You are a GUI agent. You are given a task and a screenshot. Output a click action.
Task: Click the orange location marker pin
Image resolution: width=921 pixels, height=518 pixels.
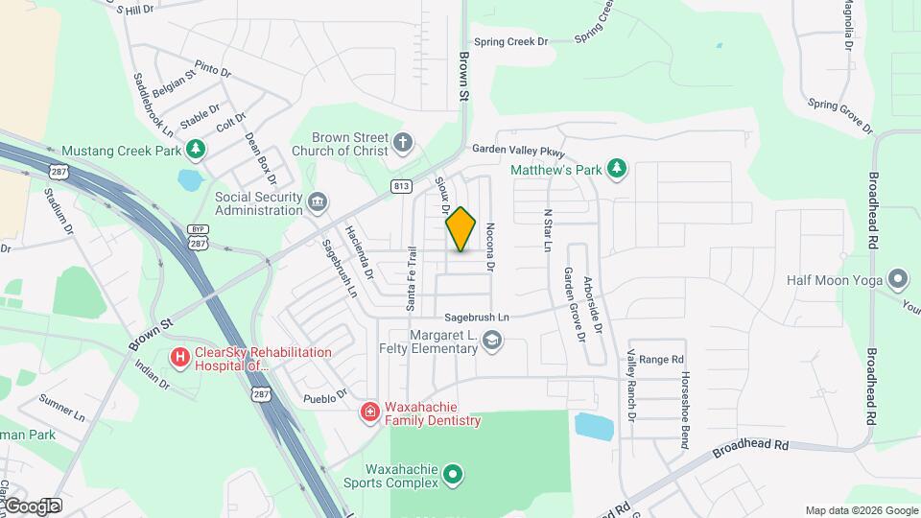[x=461, y=228]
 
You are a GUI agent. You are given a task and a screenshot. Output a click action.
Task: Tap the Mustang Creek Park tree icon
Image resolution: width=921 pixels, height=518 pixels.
[x=195, y=150]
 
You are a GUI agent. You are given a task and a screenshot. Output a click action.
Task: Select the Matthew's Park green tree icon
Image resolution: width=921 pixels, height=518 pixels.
[x=618, y=170]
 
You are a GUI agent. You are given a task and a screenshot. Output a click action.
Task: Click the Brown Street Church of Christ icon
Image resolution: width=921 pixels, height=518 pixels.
[x=404, y=144]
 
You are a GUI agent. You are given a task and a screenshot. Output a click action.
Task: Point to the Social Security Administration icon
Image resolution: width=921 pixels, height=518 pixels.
[x=319, y=202]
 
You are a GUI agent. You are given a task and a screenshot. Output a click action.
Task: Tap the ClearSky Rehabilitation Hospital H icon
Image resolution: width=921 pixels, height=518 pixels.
[x=179, y=358]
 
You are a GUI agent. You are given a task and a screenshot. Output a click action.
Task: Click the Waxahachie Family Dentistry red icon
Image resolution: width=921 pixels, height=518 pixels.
[x=369, y=412]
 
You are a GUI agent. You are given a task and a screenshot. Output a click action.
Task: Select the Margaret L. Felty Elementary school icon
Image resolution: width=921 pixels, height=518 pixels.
[x=492, y=341]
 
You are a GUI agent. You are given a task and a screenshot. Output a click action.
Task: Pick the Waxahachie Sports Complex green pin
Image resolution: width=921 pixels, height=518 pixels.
[x=456, y=474]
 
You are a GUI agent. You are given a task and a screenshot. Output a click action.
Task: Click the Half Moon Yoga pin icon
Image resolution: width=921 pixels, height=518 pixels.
[x=898, y=279]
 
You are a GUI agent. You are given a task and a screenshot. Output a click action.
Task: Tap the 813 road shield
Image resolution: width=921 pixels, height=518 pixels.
[x=401, y=185]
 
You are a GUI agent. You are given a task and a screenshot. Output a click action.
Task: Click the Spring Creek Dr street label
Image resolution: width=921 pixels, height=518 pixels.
[x=509, y=42]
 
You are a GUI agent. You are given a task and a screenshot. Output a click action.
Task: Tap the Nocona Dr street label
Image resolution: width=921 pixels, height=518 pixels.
[x=489, y=247]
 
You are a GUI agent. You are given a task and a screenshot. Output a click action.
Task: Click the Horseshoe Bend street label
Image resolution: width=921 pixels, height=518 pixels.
[x=684, y=398]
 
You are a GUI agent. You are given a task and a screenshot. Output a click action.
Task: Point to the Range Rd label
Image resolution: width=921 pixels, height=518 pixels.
[x=660, y=359]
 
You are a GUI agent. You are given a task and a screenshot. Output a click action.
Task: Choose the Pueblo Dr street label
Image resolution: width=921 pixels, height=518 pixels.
[x=323, y=397]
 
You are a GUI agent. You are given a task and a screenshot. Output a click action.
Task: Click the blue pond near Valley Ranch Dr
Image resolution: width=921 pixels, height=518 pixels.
[x=595, y=426]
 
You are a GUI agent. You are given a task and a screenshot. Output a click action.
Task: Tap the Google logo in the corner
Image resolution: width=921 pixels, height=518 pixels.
[x=31, y=506]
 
